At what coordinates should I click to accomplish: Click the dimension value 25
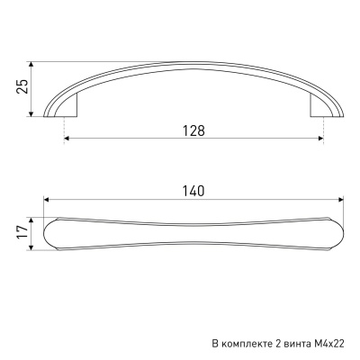click(22, 86)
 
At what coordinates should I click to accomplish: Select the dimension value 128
click(193, 130)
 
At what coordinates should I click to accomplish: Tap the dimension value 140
click(193, 191)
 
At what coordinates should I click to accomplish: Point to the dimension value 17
click(22, 232)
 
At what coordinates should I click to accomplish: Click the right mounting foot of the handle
click(319, 105)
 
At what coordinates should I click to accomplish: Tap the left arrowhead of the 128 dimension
click(67, 139)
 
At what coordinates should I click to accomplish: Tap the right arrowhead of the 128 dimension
click(320, 139)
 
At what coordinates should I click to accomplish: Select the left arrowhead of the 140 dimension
click(47, 199)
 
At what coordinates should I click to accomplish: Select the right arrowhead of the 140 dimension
click(340, 199)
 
